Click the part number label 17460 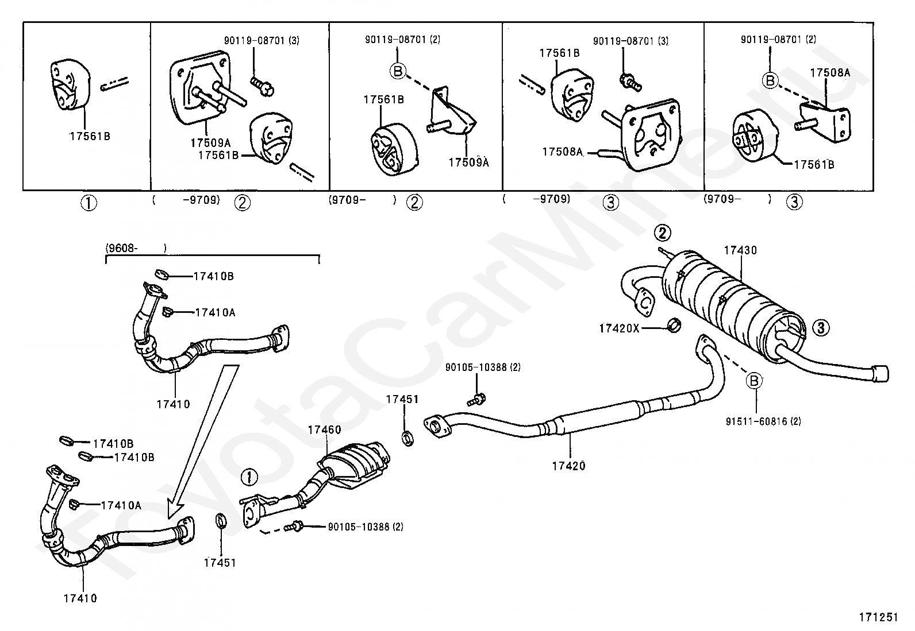click(x=324, y=429)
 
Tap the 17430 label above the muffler click(x=740, y=250)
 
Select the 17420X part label click(x=619, y=328)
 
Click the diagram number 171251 click(x=878, y=617)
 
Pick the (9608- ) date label click(x=136, y=248)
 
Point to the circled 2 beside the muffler click(x=662, y=233)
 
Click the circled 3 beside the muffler click(x=821, y=328)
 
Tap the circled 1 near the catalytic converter click(x=249, y=477)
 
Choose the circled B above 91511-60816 click(x=754, y=380)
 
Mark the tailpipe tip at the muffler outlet click(x=880, y=373)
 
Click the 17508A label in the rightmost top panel click(x=830, y=73)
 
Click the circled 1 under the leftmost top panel click(x=89, y=203)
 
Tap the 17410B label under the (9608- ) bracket click(x=213, y=276)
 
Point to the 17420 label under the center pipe click(x=568, y=466)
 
